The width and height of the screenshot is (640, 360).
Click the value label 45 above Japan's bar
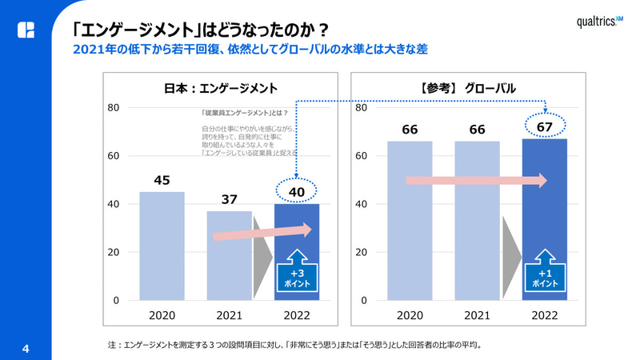(x=162, y=181)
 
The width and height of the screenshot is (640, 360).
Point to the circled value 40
(x=296, y=191)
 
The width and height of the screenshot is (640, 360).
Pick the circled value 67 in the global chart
(x=545, y=126)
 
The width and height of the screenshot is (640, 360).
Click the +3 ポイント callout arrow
(x=296, y=270)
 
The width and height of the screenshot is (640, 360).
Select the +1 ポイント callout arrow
(x=545, y=270)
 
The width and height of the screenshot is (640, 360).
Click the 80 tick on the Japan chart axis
(x=113, y=107)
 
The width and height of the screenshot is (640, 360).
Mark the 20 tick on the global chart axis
(x=361, y=252)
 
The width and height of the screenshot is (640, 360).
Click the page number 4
(x=26, y=349)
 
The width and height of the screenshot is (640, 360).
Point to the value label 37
(x=229, y=199)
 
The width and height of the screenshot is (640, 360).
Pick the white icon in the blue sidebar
(x=26, y=30)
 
